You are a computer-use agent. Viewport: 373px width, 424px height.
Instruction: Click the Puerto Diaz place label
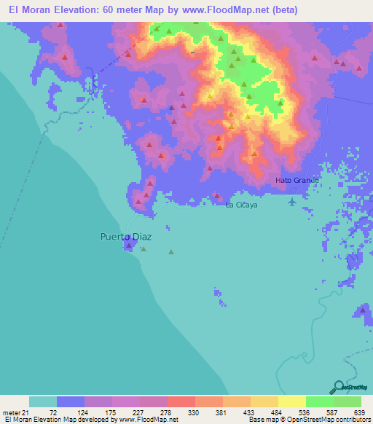click(125, 237)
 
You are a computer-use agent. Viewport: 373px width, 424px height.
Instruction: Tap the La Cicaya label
click(241, 205)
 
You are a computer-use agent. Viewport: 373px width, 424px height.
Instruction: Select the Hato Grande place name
click(297, 180)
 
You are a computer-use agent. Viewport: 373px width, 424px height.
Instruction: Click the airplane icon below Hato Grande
click(292, 201)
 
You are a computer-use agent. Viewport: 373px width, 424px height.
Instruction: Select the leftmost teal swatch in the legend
click(43, 401)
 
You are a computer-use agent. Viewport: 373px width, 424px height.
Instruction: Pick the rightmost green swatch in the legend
click(348, 401)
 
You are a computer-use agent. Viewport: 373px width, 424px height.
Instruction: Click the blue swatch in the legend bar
click(71, 401)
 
